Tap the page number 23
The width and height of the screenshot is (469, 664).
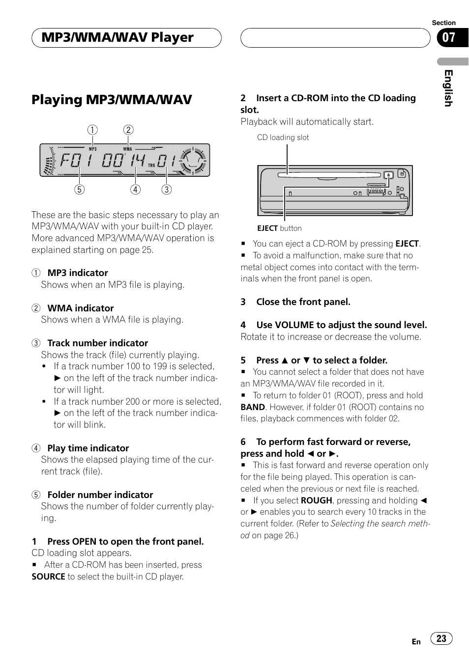[x=441, y=638]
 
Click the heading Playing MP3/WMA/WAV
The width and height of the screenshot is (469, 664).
[x=112, y=100]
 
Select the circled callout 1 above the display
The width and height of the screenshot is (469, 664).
[x=92, y=130]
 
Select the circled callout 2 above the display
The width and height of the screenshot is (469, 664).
[x=128, y=130]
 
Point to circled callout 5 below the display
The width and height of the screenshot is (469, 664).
[x=79, y=190]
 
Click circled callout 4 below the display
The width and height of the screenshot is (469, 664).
[x=135, y=190]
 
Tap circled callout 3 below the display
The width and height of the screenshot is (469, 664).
[x=167, y=190]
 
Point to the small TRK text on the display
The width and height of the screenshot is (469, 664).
[x=151, y=166]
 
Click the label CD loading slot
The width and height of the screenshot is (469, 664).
[x=283, y=138]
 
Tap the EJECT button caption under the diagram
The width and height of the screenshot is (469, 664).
[x=279, y=228]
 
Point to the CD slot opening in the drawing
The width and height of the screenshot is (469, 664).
[x=328, y=175]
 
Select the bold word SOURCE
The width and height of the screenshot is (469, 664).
[x=48, y=577]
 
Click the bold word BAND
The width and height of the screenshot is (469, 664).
[x=253, y=407]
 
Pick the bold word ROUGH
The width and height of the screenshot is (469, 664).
[x=316, y=500]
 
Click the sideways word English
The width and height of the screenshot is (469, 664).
[x=448, y=88]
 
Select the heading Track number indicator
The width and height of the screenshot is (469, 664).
[x=97, y=343]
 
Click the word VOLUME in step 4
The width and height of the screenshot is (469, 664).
[x=294, y=325]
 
